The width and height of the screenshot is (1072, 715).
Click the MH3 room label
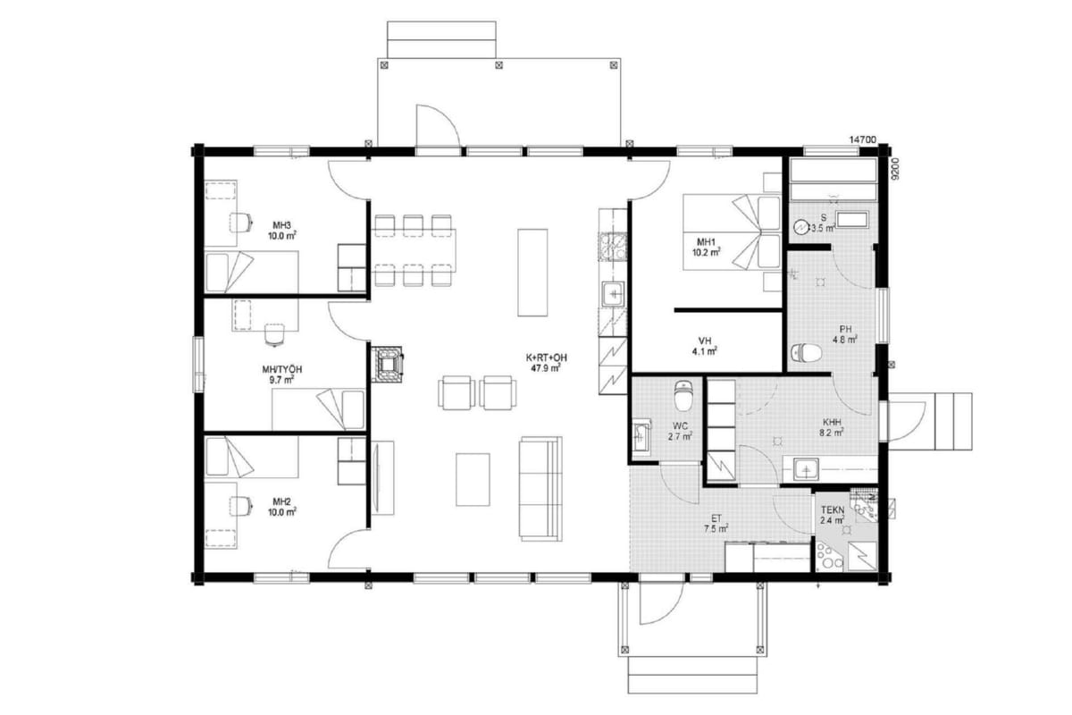282,225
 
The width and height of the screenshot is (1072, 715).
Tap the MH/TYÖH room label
282,370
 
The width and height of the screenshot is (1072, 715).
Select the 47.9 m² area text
546,368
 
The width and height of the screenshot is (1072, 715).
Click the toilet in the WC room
683,395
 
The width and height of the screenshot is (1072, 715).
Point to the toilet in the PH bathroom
806,353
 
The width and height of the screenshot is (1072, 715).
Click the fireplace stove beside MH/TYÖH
388,365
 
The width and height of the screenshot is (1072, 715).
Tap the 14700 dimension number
862,139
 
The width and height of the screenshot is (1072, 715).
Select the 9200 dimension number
895,169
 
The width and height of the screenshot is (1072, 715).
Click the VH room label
705,341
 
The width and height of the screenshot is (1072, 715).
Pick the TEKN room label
833,510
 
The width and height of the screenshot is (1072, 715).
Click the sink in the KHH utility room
806,469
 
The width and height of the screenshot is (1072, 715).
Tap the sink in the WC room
641,436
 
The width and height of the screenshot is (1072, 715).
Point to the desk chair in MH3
241,223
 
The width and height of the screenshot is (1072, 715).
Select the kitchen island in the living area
532,273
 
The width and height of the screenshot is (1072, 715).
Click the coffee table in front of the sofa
473,479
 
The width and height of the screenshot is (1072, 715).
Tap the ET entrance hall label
716,518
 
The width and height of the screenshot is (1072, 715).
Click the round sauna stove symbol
800,227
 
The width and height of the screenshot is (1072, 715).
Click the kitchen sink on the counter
613,293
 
